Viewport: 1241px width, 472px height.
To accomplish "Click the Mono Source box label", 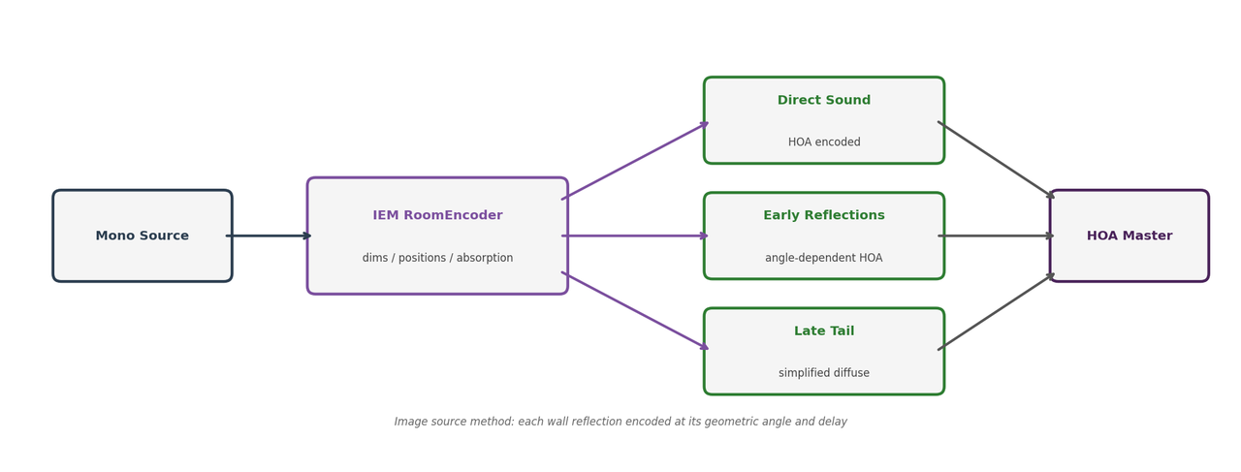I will coord(142,236).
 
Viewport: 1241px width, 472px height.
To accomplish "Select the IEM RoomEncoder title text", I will coord(437,215).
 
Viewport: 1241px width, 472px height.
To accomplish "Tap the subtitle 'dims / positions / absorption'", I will coord(437,258).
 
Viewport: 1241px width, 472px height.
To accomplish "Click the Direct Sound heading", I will coord(823,100).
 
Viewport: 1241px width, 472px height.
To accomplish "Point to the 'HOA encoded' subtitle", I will coord(823,142).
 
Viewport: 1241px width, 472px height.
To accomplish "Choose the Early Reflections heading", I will coord(823,215).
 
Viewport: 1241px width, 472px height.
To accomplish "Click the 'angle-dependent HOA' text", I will coord(823,258).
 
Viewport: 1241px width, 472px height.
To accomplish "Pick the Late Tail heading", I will coord(823,330).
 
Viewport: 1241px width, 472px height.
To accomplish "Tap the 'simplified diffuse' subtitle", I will coord(823,373).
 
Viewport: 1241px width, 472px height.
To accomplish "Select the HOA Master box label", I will coord(1129,236).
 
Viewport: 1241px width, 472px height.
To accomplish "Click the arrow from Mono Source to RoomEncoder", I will coord(269,236).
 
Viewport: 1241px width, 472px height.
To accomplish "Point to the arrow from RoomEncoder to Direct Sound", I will coord(635,161).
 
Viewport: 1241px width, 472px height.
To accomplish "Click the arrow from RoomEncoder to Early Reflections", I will coord(635,236).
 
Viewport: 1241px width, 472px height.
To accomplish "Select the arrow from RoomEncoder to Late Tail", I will coord(635,311).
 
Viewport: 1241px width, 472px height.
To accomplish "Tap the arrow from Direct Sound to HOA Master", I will coord(996,160).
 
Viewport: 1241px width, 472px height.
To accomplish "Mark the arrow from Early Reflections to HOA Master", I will coord(996,236).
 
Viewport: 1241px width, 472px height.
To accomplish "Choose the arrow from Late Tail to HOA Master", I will coord(996,312).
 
